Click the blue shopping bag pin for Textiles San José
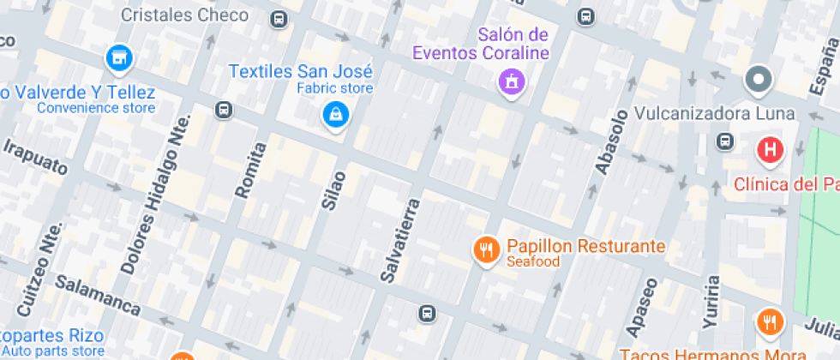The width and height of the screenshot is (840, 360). (x=335, y=115)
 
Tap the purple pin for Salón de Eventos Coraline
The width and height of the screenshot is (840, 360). (x=512, y=82)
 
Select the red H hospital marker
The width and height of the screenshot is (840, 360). (x=771, y=152)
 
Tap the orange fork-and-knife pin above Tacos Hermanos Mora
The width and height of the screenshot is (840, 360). (x=769, y=322)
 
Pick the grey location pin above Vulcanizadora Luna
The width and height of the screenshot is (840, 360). (x=759, y=81)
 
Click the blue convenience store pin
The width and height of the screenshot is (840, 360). (x=119, y=59)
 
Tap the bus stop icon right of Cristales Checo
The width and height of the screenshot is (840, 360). (x=278, y=19)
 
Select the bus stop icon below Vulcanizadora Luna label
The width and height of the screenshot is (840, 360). (x=725, y=141)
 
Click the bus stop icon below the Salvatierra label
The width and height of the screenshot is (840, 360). (x=426, y=313)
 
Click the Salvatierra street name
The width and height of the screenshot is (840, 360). (x=401, y=240)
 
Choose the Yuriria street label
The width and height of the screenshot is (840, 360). (x=711, y=303)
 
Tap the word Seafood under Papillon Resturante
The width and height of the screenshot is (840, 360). (x=532, y=261)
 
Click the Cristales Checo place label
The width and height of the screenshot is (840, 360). (x=184, y=15)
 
